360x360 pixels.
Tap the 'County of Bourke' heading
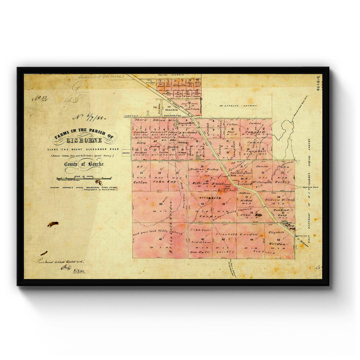pos(84,164)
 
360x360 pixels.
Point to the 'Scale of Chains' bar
pos(84,178)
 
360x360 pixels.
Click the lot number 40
pos(161,204)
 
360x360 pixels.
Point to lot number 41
pos(161,239)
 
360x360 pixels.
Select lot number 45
pos(279,239)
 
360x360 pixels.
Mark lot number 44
pos(252,239)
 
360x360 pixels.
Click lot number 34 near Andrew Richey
pos(279,197)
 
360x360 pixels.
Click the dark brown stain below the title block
pos(53,224)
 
